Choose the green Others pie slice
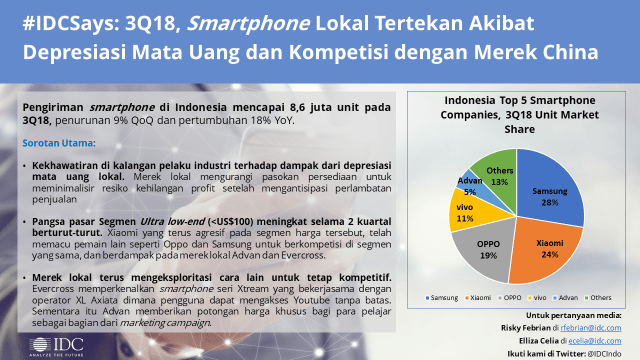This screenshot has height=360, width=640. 498,169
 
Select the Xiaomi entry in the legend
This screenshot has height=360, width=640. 480,298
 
